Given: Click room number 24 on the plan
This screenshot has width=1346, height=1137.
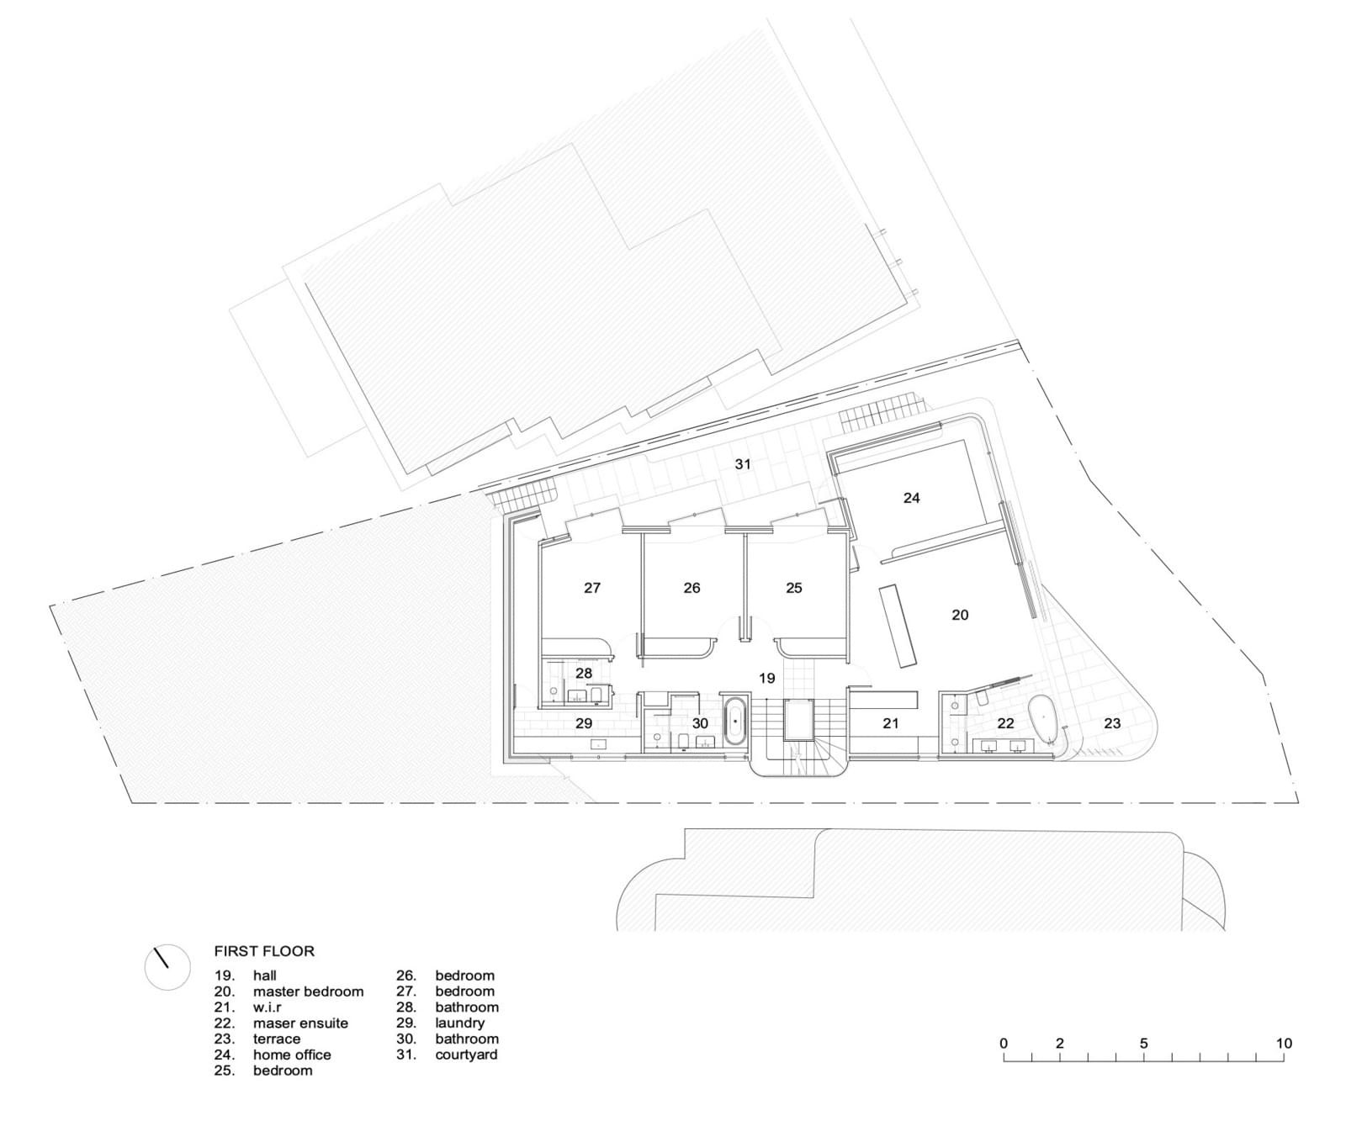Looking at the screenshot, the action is (911, 498).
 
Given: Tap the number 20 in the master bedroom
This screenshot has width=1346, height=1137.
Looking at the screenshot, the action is (960, 615).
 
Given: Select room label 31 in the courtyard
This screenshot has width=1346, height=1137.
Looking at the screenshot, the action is (743, 463).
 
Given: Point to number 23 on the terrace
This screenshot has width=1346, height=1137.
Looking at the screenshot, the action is (1112, 722).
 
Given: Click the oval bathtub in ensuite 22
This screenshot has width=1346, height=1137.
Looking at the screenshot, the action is (1046, 720).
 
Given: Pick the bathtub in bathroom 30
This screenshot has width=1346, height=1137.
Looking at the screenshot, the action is (735, 721).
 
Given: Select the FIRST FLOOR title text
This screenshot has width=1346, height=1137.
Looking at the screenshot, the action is (264, 951).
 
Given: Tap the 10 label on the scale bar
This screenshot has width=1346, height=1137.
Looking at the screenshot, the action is (1283, 1043).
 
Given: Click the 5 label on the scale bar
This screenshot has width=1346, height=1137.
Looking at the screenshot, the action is (1144, 1043).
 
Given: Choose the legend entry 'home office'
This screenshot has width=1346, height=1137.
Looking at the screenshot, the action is (292, 1055).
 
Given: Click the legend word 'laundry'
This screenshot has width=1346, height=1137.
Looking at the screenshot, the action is (460, 1023).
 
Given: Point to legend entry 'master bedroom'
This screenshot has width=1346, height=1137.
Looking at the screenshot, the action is (309, 992).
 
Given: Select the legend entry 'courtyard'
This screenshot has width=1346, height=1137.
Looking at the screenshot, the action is (466, 1055).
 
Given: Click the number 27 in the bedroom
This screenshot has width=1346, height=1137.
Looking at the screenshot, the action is (592, 588).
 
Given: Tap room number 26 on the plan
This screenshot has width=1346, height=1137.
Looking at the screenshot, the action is (692, 588).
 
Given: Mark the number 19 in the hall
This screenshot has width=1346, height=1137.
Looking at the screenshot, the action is (766, 678).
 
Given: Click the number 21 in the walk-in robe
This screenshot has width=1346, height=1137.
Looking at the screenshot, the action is (891, 722).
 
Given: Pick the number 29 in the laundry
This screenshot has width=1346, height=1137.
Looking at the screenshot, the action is (584, 723).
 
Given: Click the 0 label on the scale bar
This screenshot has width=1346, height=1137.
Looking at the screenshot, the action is (1004, 1043).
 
